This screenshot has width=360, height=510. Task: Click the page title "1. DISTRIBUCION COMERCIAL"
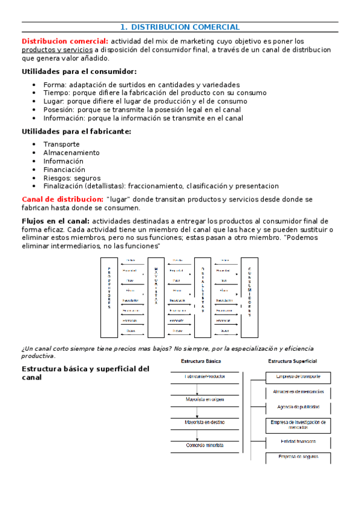[180, 27]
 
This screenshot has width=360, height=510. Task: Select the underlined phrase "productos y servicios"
[53, 50]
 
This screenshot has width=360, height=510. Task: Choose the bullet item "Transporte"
[61, 144]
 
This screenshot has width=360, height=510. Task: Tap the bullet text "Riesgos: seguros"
[72, 178]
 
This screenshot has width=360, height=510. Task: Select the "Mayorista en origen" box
[204, 399]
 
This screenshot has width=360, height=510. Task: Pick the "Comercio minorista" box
[204, 445]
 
